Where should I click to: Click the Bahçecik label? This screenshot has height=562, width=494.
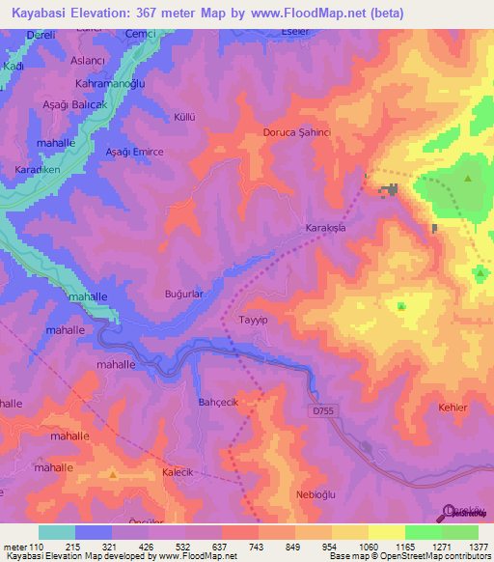tap(217, 402)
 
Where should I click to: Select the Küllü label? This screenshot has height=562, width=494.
tap(183, 117)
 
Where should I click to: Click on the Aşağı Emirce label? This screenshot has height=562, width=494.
tap(134, 153)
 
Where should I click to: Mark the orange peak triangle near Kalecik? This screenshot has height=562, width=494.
tap(114, 475)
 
